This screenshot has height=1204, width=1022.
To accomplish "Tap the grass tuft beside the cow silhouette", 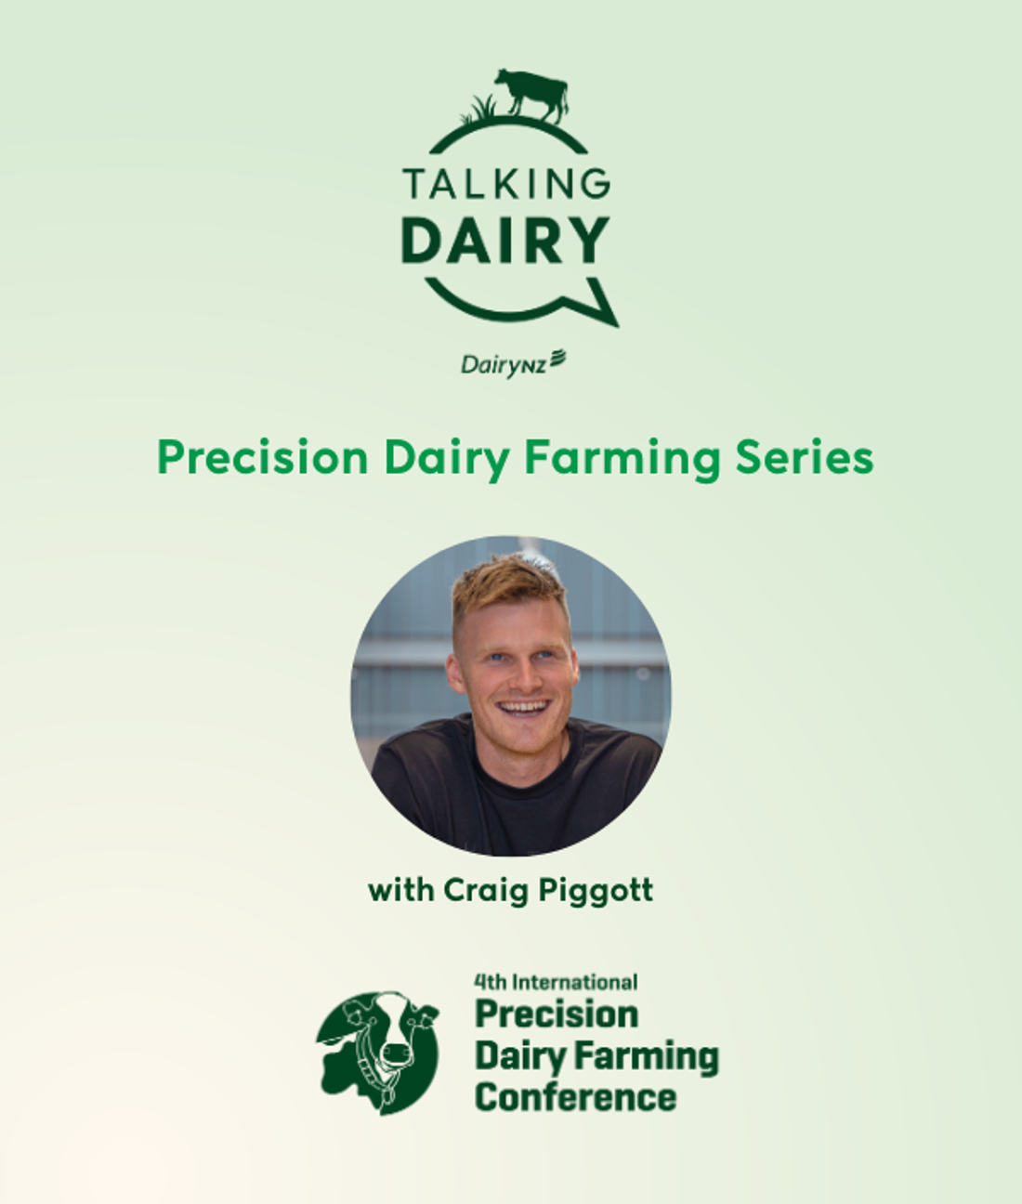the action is click(478, 110).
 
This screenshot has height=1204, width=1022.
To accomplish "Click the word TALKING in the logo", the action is click(506, 184).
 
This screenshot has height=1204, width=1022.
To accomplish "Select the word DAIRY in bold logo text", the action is click(505, 241).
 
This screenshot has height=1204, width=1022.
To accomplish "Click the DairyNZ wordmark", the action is click(513, 363).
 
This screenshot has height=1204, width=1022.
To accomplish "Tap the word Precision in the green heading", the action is click(263, 458).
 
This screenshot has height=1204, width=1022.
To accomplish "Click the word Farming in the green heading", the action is click(622, 460).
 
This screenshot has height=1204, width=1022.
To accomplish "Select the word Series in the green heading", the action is click(805, 458).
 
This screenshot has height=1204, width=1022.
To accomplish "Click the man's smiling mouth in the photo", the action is click(523, 708).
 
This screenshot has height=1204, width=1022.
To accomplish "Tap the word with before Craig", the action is click(400, 890).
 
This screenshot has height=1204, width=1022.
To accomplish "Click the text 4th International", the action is click(556, 983).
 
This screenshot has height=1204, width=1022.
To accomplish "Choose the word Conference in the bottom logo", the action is click(576, 1097).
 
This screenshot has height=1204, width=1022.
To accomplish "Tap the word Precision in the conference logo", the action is click(557, 1014).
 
